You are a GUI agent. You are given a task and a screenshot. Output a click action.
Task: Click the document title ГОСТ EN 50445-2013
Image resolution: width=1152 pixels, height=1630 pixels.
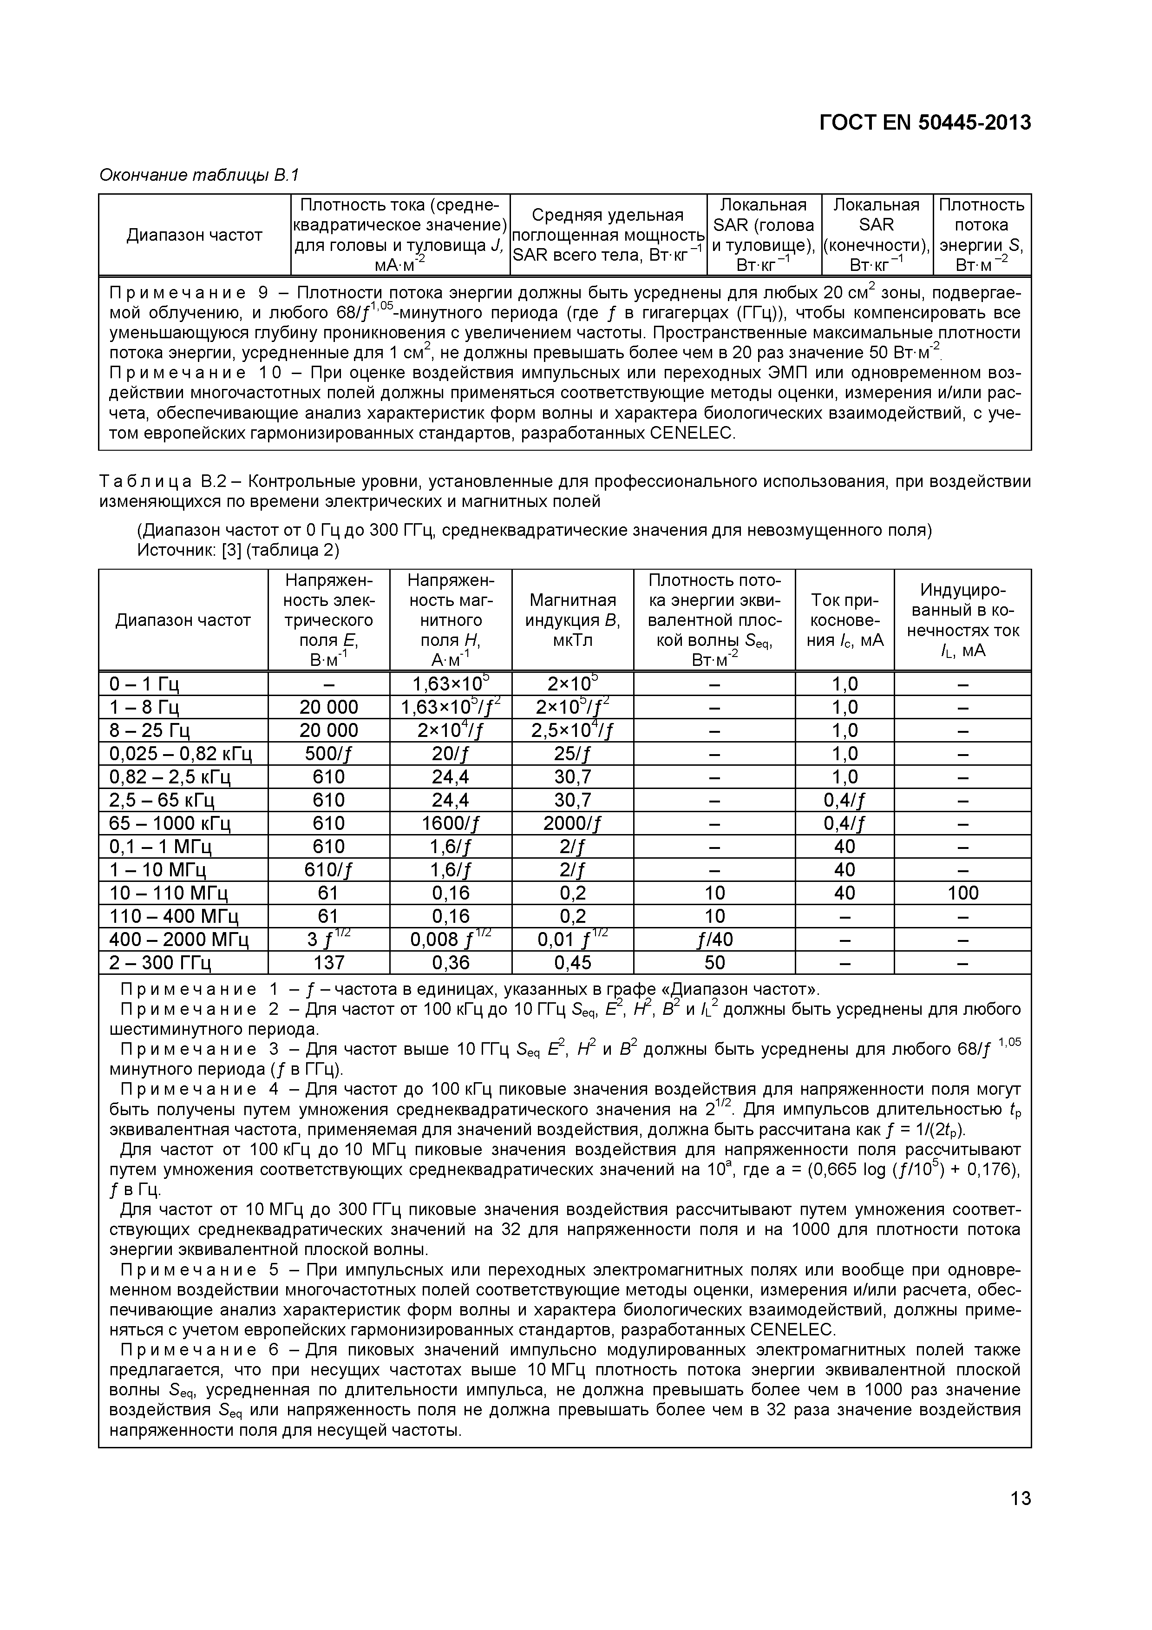[924, 123]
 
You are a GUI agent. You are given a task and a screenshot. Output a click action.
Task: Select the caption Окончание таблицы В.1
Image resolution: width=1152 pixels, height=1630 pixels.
[199, 175]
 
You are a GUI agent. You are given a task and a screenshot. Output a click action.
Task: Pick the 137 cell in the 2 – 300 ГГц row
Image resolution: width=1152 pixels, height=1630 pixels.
[328, 963]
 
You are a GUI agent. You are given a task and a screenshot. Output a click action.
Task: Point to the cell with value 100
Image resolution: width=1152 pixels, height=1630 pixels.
[962, 893]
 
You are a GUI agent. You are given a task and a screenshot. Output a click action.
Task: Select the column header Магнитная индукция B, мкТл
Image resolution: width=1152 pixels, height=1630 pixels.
[572, 620]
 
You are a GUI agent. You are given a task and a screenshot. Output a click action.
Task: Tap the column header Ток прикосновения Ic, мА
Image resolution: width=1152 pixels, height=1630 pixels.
[844, 620]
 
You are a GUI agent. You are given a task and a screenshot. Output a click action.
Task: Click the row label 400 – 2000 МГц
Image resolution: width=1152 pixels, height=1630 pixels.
[179, 940]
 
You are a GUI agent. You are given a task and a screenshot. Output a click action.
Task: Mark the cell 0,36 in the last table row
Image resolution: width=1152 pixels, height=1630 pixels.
[450, 963]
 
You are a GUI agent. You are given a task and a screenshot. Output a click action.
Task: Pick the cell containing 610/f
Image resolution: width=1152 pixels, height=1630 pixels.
[328, 870]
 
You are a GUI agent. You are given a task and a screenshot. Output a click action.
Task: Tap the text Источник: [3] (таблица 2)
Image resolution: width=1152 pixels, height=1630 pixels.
[238, 550]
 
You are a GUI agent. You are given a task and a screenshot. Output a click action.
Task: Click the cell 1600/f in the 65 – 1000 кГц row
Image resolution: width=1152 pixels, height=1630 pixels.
[450, 823]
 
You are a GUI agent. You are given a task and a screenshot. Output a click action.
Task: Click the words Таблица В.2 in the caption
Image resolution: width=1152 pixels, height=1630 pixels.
[163, 482]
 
